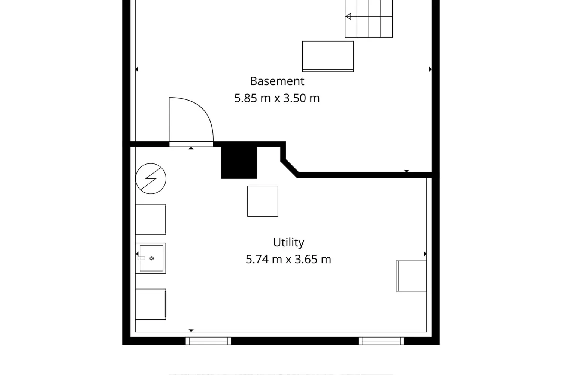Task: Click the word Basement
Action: pos(277,81)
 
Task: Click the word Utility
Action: pos(288,243)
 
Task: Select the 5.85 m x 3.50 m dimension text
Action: pos(277,98)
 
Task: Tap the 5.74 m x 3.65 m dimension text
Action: pos(288,259)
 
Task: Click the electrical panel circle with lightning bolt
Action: pos(151,178)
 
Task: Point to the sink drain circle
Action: pos(151,258)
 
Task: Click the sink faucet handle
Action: pos(142,258)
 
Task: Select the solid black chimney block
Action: pos(239,163)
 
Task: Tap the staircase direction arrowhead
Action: pos(348,16)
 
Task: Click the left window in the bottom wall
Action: pos(208,341)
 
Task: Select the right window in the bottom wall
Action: pos(381,341)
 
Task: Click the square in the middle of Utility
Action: pos(263,201)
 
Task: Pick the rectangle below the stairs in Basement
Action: pos(328,57)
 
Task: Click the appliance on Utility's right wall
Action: pos(411,276)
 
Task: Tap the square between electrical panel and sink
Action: pos(151,219)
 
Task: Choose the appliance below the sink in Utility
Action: pos(151,304)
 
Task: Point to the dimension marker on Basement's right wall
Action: pos(430,69)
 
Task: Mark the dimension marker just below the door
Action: pos(191,148)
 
